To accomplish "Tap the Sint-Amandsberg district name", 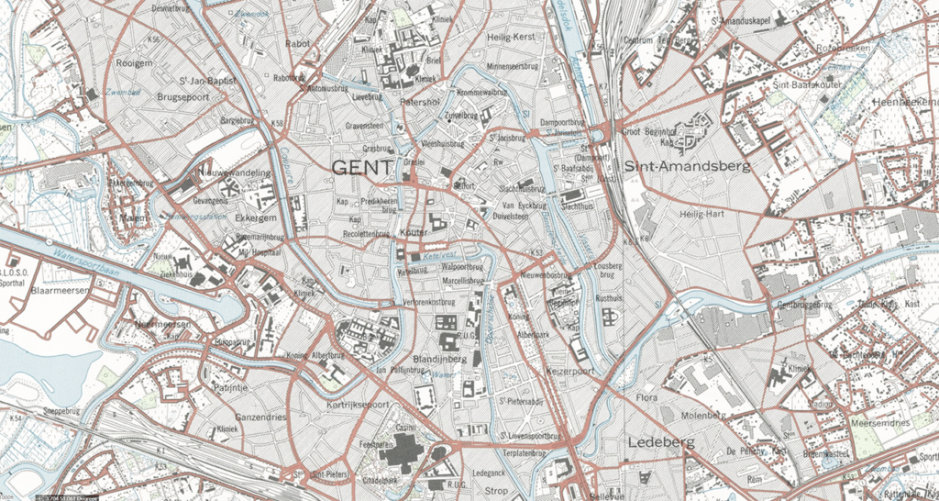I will tap(687, 167).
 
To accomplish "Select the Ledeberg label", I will tap(661, 442).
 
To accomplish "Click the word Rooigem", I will tap(135, 62).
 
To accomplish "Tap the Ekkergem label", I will tap(257, 219).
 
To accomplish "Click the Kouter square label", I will tap(414, 233).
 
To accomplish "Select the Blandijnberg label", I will tap(440, 359).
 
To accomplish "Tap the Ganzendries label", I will tap(261, 417).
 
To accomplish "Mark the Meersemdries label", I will tap(880, 422).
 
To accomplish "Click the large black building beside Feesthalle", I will tap(402, 452).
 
